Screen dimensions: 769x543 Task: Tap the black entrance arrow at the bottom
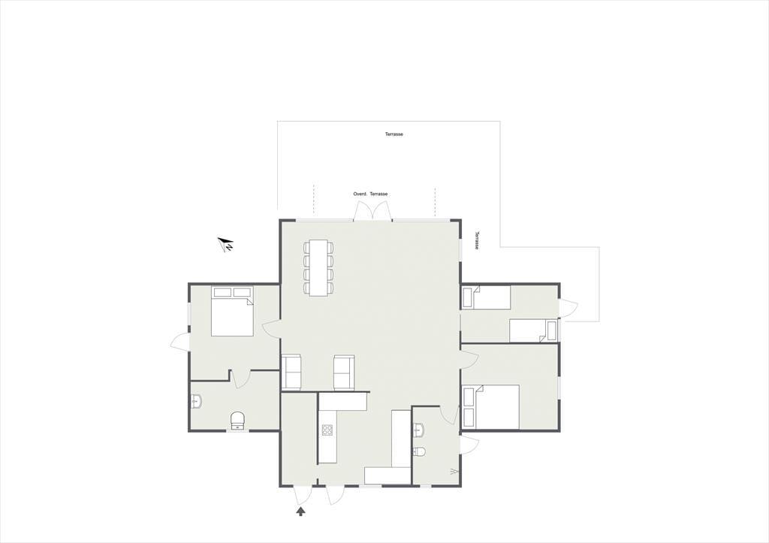coord(300,511)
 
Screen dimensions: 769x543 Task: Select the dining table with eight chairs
coord(318,268)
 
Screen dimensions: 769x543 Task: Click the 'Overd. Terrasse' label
coord(370,195)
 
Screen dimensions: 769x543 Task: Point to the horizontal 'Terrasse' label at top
coord(394,134)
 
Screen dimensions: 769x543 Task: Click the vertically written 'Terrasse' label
coord(477,241)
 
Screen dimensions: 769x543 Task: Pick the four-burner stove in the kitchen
coord(327,430)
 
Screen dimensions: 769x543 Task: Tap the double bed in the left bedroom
coord(233,312)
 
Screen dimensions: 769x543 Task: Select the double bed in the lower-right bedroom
coord(491,407)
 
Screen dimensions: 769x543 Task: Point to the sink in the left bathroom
coord(196,403)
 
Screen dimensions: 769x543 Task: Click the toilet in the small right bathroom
coord(419,451)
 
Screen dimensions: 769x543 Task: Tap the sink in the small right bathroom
coord(418,430)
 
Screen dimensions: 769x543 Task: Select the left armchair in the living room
coord(292,372)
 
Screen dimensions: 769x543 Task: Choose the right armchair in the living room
coord(343,372)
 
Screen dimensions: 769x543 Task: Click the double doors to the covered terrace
coord(372,211)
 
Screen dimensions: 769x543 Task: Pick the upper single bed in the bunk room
coord(487,297)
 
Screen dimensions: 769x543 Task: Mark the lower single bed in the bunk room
coord(534,330)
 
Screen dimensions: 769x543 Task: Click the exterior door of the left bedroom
coord(179,342)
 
